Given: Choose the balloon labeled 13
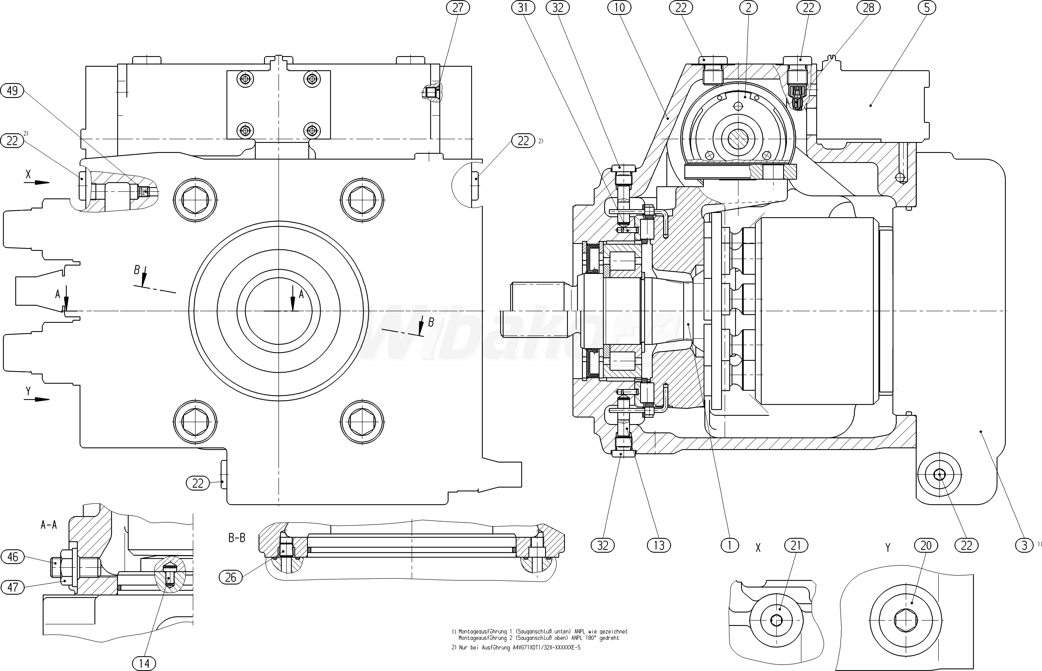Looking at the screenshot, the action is [x=659, y=545].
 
